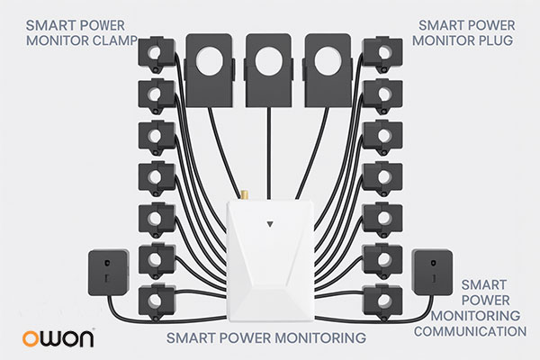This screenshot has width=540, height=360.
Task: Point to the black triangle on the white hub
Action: tap(271, 219)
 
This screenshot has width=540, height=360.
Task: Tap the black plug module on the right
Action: tap(430, 273)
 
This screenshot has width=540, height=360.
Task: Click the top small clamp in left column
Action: tap(157, 53)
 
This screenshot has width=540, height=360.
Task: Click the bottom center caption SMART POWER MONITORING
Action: tap(268, 338)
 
